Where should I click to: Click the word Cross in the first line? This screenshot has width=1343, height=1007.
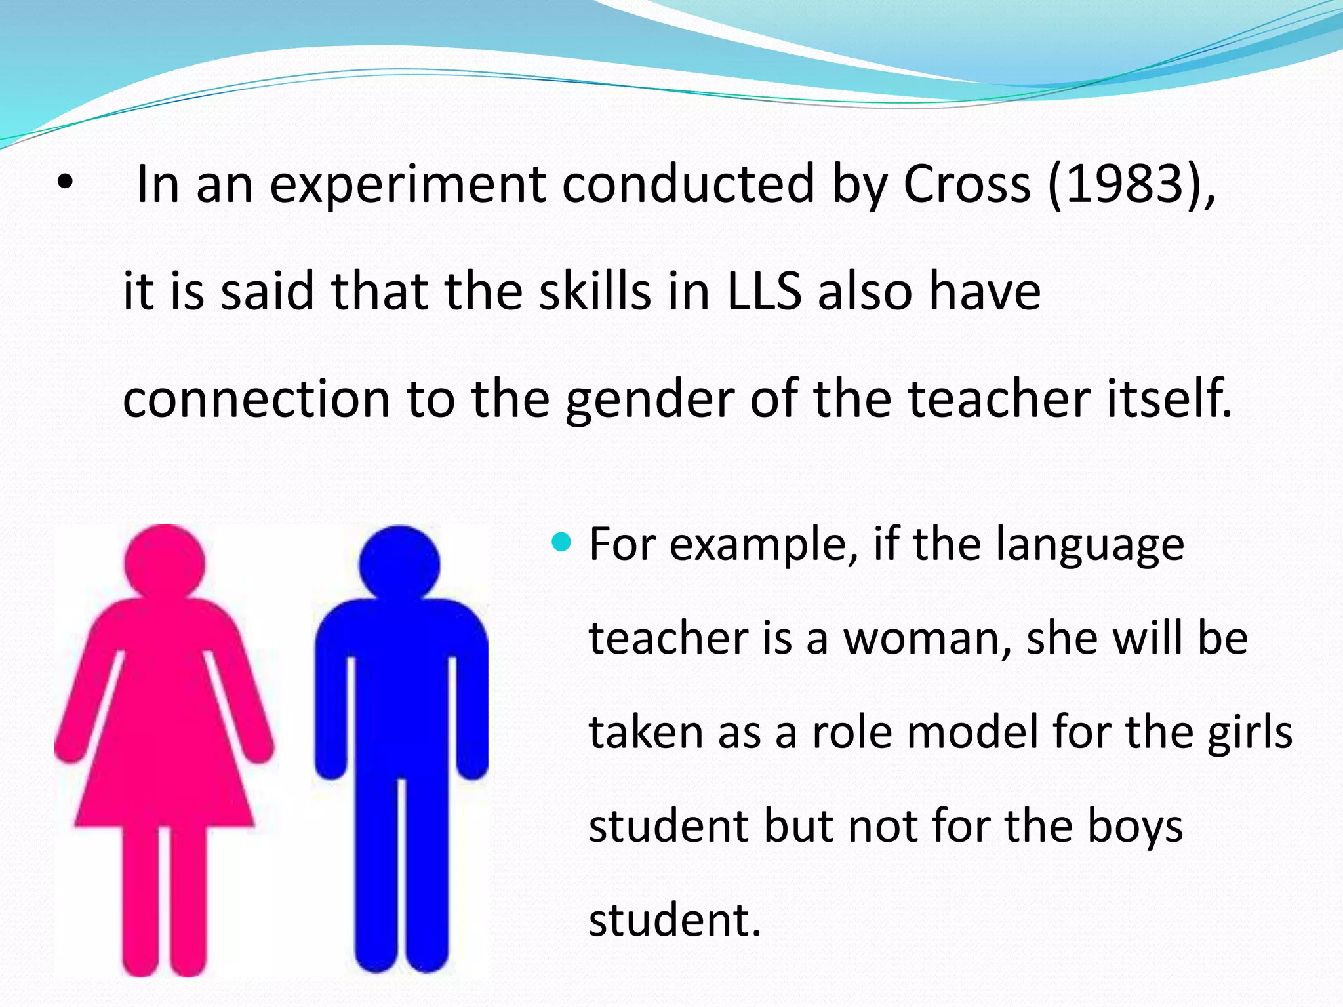pos(967,185)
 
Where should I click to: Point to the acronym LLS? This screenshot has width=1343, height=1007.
pos(763,292)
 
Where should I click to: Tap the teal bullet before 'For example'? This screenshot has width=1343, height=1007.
pos(562,542)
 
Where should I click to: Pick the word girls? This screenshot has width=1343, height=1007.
pos(1250,734)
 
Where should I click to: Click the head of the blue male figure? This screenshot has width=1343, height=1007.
pos(399,564)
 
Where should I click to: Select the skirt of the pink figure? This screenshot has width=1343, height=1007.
pos(164,774)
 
